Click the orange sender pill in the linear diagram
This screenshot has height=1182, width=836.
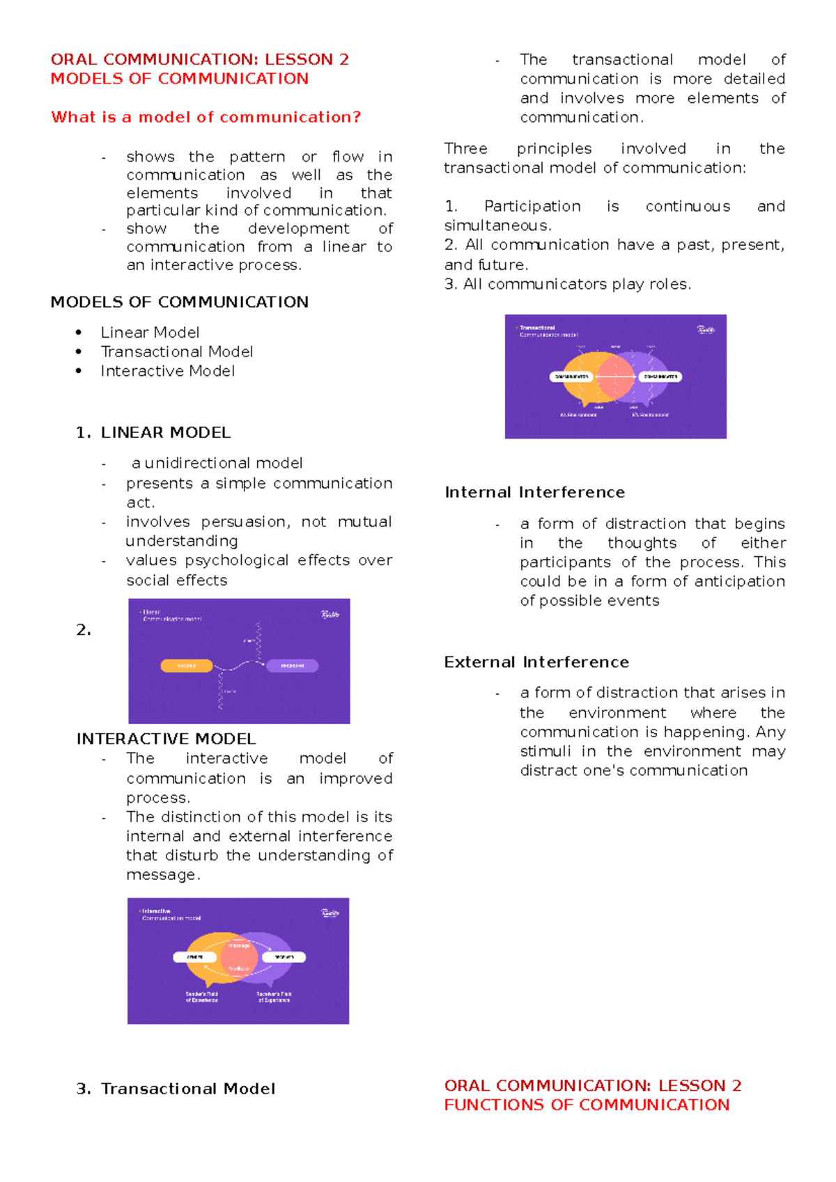coord(187,666)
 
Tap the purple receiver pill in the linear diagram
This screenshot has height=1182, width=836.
coord(292,666)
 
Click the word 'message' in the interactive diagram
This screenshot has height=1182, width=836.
coord(239,945)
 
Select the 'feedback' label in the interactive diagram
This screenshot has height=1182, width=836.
coord(239,969)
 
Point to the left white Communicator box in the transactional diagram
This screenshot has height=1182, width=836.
coord(572,377)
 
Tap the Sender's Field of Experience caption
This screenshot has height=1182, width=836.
coord(201,997)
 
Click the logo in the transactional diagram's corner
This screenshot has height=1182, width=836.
coord(706,330)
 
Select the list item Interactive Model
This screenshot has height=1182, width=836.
coord(167,371)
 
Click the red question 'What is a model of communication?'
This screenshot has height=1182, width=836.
coord(206,117)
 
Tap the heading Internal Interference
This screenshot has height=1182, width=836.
coord(534,492)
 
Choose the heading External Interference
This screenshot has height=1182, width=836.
coord(536,662)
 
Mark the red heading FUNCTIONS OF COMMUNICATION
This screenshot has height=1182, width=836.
coord(587,1105)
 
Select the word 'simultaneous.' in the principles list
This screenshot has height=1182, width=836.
coord(497,226)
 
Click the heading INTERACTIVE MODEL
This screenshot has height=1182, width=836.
coord(166,739)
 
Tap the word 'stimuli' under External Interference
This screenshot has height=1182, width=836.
coord(545,751)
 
